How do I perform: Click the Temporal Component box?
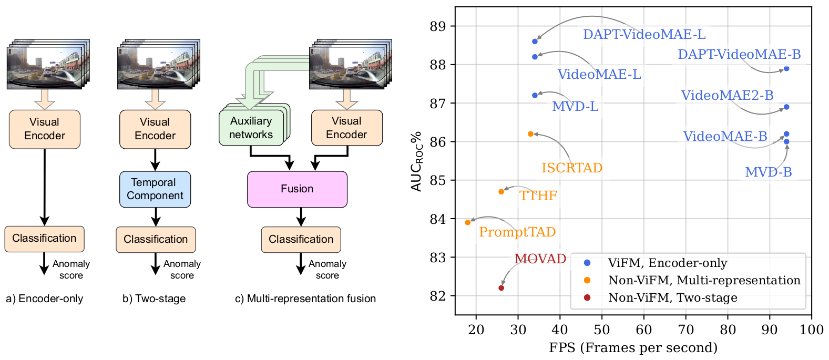pos(155,189)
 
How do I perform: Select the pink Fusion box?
pos(297,189)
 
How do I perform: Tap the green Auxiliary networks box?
pos(251,128)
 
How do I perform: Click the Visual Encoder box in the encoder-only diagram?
pos(45,129)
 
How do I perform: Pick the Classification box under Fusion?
pos(301,239)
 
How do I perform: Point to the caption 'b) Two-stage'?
pos(154,299)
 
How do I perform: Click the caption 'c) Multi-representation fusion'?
pos(305,299)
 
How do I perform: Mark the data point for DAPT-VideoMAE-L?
pos(535,41)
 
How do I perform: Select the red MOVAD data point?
pos(501,288)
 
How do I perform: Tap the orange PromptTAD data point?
pos(468,222)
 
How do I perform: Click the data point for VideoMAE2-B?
pos(786,107)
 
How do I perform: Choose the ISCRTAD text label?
pos(572,168)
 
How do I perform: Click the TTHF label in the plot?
pos(538,196)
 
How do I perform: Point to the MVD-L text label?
pos(575,106)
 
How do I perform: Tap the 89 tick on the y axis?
pos(437,26)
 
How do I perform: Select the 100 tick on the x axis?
pos(811,330)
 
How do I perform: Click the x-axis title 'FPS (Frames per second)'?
pos(633,347)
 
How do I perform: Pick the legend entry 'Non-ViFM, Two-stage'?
pos(672,297)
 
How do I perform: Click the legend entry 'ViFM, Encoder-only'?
pos(667,263)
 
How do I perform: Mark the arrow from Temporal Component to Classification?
pos(156,217)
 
